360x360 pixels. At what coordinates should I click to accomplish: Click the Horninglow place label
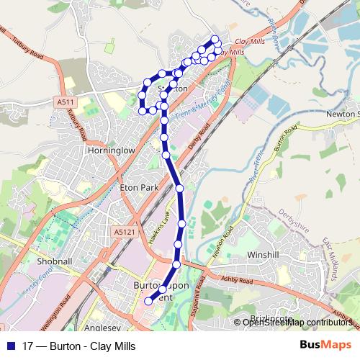tap(111, 152)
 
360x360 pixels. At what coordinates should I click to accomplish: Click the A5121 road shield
tap(123, 231)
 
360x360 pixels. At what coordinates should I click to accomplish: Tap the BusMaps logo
tap(325, 346)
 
